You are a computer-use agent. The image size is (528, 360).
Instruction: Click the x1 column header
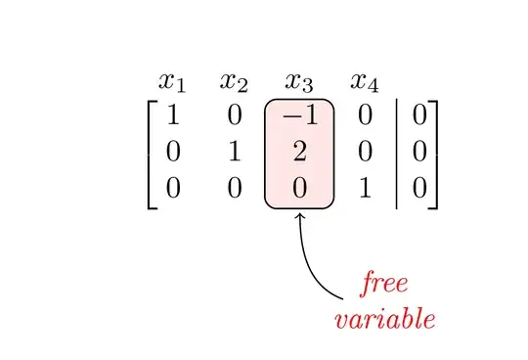tap(172, 81)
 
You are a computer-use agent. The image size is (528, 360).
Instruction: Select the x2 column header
tap(235, 81)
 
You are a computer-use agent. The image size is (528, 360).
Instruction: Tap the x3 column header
tap(299, 81)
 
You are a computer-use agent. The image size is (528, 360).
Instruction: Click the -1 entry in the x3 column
tap(298, 117)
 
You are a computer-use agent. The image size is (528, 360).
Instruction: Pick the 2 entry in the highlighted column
tap(299, 152)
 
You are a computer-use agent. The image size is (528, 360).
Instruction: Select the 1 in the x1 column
tap(173, 117)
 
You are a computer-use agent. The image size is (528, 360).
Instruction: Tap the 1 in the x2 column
tap(235, 152)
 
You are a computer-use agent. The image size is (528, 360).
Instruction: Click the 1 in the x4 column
tap(364, 187)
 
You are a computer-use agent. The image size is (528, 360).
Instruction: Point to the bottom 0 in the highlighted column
tap(299, 187)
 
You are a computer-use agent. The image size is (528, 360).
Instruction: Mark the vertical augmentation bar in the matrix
tap(395, 152)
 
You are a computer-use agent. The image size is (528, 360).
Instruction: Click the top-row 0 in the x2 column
tap(235, 117)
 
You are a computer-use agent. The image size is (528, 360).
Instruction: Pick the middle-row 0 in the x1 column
tap(173, 152)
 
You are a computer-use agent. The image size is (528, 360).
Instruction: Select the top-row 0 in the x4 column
tap(364, 117)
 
